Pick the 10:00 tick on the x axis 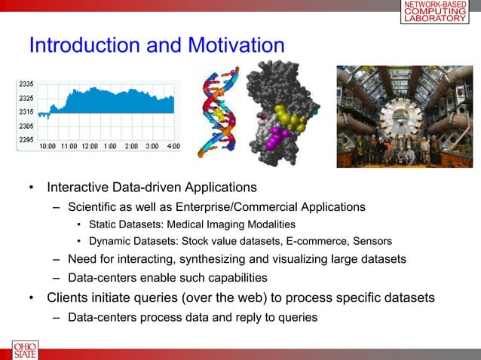[47, 145]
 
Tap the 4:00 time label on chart [172, 145]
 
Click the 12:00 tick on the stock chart [89, 145]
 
